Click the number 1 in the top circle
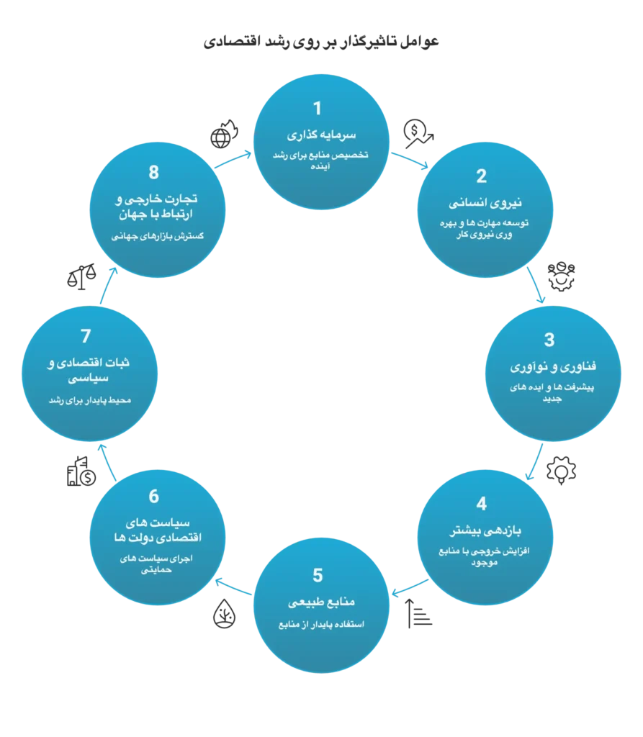point(316,109)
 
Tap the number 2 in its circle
point(481,176)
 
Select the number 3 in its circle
point(549,340)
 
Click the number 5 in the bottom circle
point(318,575)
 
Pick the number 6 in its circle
point(153,497)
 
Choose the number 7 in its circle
point(86,336)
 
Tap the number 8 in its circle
point(153,173)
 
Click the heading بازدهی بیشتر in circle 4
point(484,531)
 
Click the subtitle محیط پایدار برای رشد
point(88,399)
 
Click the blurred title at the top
point(322,43)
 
